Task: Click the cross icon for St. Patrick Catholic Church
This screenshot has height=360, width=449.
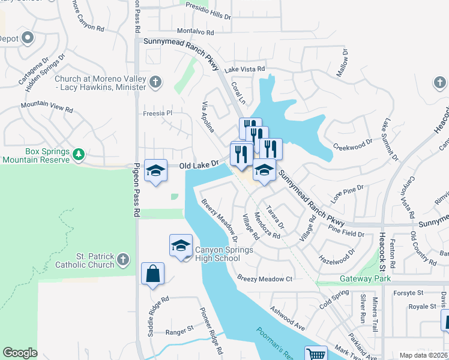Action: (x=123, y=259)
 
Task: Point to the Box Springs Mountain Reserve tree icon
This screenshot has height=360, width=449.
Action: (x=78, y=155)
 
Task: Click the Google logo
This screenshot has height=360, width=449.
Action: (x=20, y=353)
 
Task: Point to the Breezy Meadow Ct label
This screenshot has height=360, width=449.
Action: (x=264, y=278)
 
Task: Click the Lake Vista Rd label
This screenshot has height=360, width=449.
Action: (x=244, y=70)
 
